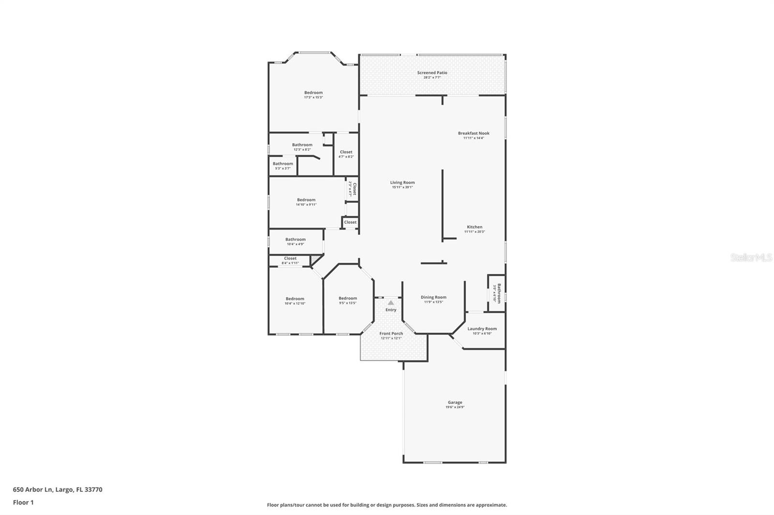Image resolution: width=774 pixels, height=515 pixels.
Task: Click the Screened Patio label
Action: (x=432, y=73)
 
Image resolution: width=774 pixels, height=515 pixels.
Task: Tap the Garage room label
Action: (x=455, y=402)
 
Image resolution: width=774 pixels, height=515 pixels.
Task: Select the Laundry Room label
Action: (x=482, y=329)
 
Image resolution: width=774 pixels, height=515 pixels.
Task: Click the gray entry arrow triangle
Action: (x=391, y=303)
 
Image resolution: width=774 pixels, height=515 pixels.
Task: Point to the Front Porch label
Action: (x=391, y=334)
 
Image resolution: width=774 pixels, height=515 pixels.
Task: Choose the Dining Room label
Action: (x=433, y=298)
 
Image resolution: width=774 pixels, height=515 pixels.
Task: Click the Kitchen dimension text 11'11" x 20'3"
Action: (x=475, y=232)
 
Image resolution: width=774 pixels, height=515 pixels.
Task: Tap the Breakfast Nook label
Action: (x=474, y=133)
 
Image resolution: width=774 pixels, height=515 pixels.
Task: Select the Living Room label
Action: (x=402, y=183)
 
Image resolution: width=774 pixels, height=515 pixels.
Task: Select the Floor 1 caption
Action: (x=23, y=502)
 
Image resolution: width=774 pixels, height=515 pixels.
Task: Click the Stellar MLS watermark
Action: (x=751, y=258)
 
